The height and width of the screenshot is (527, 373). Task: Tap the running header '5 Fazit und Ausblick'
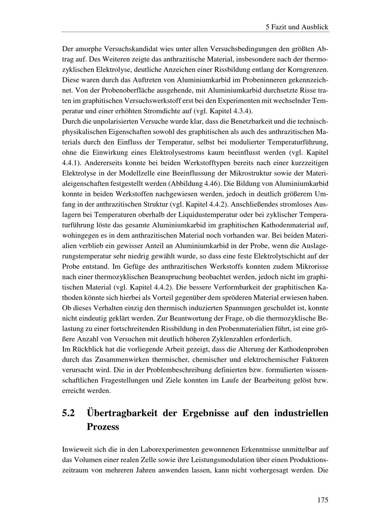pyautogui.click(x=297, y=27)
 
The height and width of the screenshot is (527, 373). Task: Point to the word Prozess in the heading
pyautogui.click(x=103, y=427)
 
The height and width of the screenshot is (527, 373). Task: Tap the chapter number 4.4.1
pyautogui.click(x=72, y=163)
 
